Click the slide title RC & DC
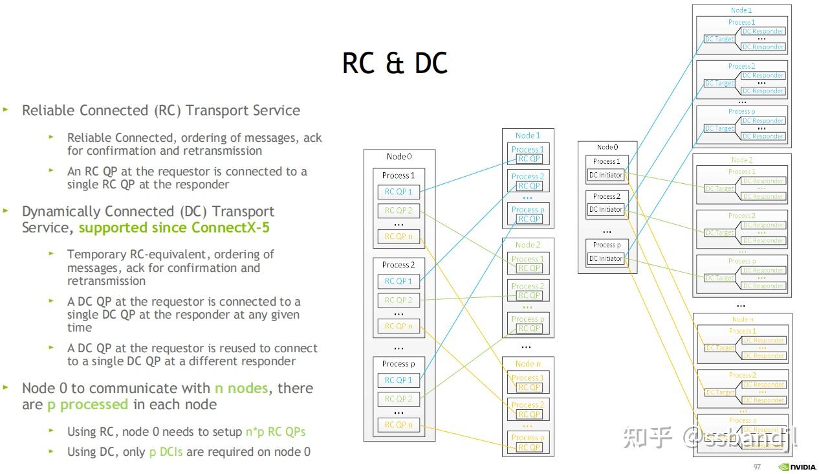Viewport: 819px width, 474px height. coord(395,63)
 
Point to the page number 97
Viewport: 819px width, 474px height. coord(757,467)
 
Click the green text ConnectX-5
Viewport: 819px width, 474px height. coord(231,228)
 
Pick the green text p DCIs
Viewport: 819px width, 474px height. coord(166,452)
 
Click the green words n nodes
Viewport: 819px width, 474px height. coord(241,389)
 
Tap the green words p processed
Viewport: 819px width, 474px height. coord(87,405)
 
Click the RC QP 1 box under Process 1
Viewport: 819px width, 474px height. coord(399,192)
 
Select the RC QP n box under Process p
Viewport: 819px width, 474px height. coord(399,425)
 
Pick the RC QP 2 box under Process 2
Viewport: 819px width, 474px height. coord(399,300)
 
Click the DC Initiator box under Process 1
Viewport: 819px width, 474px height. coord(606,175)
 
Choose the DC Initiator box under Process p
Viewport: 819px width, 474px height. coord(606,258)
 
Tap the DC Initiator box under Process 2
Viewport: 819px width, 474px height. coord(606,209)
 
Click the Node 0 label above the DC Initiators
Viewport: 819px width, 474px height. coord(607,148)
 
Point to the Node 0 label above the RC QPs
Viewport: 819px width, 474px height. coord(399,157)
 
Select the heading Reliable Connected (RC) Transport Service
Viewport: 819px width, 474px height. coord(160,111)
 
